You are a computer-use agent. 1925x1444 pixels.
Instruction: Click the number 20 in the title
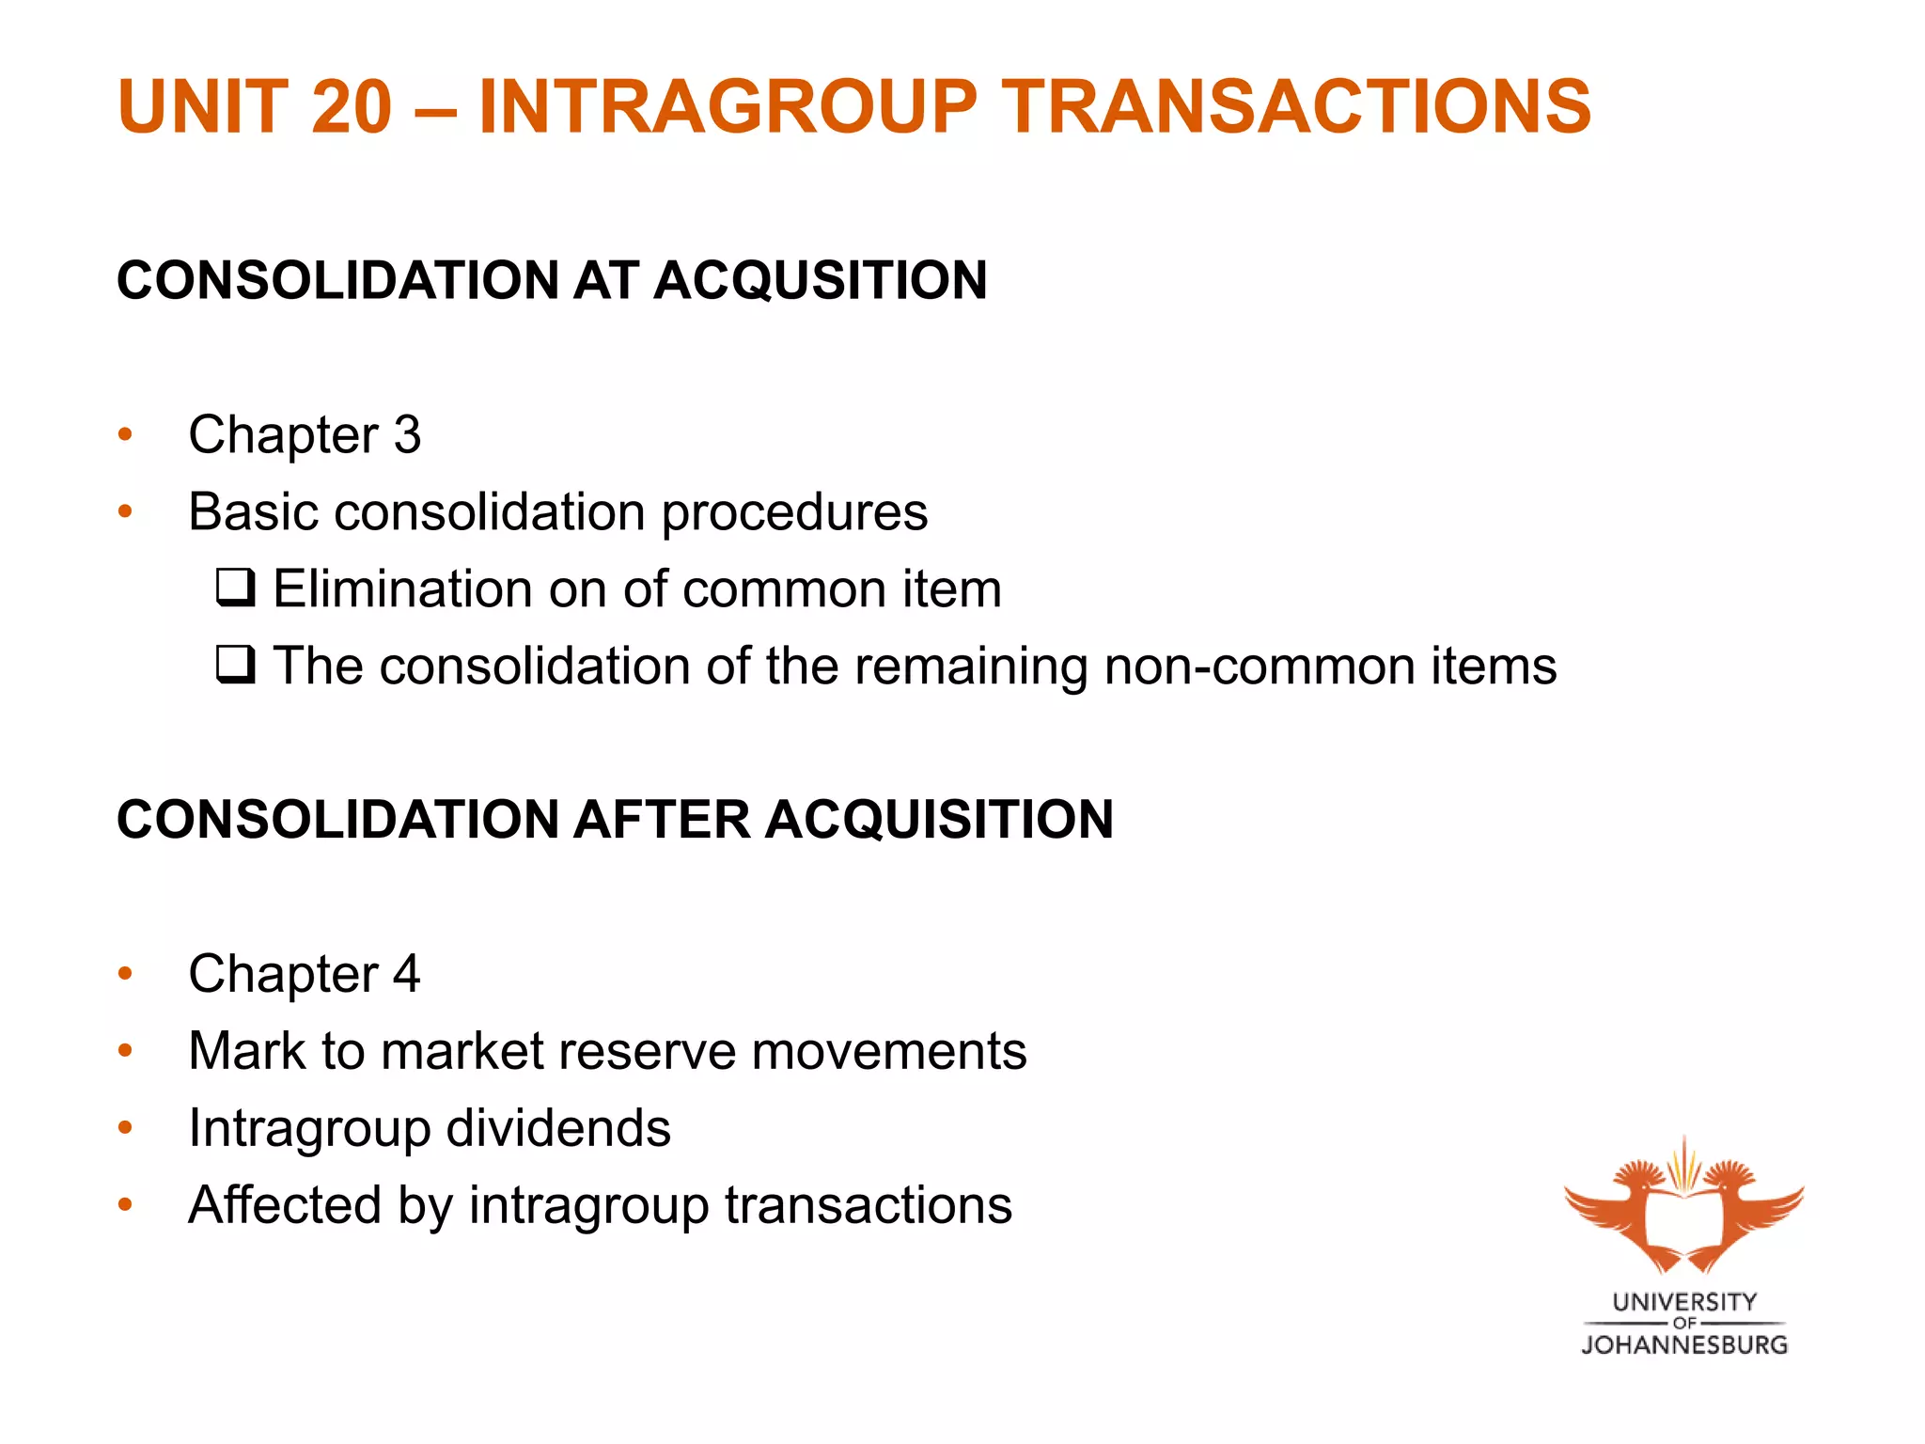(351, 106)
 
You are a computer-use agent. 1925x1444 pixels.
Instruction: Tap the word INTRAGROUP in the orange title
(728, 106)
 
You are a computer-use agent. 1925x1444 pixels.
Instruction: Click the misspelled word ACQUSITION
(821, 280)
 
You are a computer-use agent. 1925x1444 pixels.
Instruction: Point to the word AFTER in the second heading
(663, 819)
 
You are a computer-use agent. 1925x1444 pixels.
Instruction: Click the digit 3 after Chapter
(408, 434)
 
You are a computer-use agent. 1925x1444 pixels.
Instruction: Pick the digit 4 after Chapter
(407, 973)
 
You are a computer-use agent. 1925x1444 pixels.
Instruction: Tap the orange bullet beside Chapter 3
(126, 434)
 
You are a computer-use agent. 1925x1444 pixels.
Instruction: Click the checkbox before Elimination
(235, 588)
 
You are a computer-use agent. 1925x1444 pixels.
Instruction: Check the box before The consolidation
(235, 665)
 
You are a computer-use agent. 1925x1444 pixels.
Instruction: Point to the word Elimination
(403, 589)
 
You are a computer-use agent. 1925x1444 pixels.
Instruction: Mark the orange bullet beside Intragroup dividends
(126, 1127)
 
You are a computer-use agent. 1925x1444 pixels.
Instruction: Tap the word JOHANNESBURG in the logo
(1683, 1345)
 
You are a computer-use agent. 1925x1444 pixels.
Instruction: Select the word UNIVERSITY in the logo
(1684, 1302)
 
